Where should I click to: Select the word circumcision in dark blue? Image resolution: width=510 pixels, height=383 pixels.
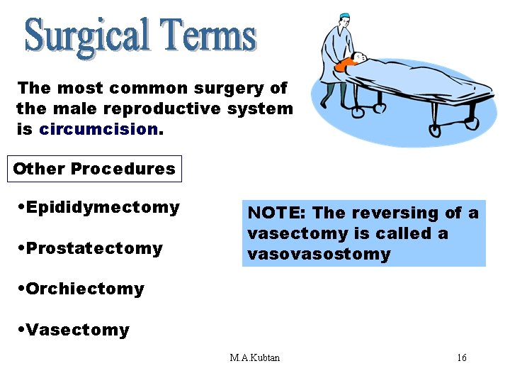(98, 129)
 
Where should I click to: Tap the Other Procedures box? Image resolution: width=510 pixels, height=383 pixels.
(93, 169)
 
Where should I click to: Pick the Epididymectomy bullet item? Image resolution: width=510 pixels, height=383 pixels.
(99, 207)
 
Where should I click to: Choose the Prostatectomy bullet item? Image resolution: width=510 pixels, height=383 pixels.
(91, 248)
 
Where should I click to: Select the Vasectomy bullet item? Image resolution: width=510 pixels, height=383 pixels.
(74, 330)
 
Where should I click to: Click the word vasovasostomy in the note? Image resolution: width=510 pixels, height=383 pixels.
(319, 254)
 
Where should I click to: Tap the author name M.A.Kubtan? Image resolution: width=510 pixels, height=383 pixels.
(254, 357)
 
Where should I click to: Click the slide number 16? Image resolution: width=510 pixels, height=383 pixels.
(461, 357)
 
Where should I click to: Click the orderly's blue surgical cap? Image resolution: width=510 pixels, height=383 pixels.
(344, 16)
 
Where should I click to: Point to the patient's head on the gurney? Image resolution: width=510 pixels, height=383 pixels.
(359, 57)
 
